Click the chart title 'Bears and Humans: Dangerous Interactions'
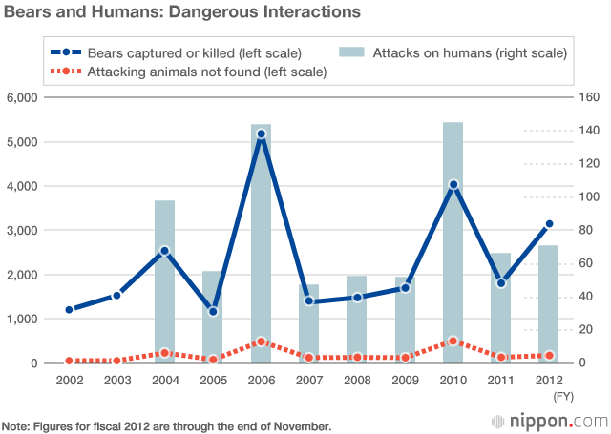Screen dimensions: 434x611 click(181, 13)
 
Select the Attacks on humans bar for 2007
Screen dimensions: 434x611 click(308, 324)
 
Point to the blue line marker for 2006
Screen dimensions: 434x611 click(261, 134)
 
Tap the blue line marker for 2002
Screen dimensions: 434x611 click(69, 310)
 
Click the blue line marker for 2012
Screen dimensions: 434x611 click(549, 224)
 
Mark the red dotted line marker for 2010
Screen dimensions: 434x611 click(453, 341)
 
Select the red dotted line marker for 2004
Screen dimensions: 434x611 click(165, 353)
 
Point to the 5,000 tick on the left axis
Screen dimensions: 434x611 click(22, 142)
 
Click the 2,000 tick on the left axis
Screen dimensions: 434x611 click(22, 275)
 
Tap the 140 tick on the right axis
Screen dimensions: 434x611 click(587, 131)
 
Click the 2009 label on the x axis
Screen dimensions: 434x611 click(405, 379)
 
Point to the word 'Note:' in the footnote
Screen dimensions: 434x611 click(16, 425)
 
